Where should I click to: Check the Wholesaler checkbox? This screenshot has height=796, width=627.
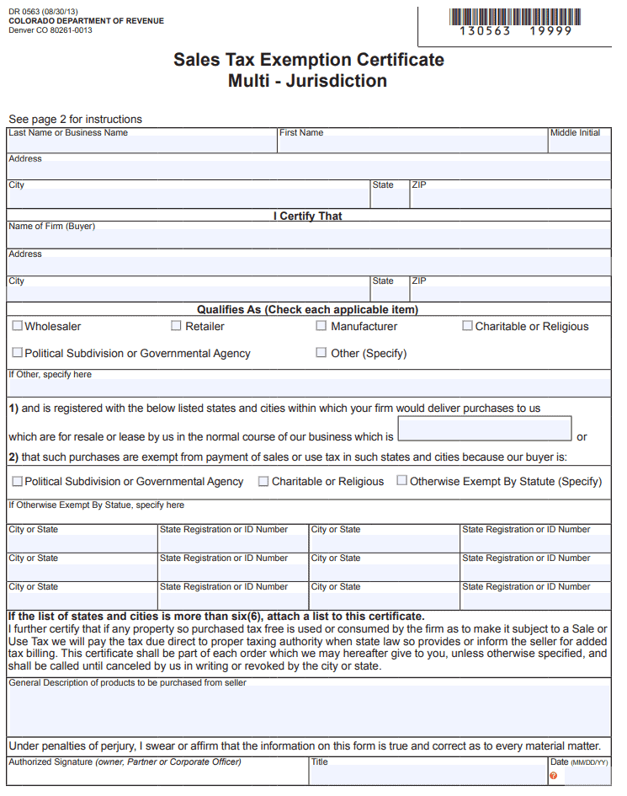click(x=18, y=326)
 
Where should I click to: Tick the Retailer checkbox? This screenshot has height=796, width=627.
click(x=176, y=326)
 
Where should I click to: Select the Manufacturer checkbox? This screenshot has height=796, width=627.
click(x=321, y=326)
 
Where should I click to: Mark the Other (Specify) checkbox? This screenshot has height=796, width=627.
click(x=321, y=353)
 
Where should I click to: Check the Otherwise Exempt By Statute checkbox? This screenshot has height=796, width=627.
click(x=402, y=481)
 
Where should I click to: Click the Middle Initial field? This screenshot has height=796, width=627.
click(x=579, y=145)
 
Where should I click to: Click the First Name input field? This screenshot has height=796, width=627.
click(x=412, y=145)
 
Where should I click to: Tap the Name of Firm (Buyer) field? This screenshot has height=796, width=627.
click(x=308, y=238)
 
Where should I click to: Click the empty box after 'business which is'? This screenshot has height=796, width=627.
click(x=484, y=430)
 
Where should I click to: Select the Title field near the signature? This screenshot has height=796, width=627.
click(x=428, y=775)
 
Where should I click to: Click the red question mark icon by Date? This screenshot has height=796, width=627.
click(x=553, y=776)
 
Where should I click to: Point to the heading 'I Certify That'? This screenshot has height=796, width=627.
click(x=308, y=216)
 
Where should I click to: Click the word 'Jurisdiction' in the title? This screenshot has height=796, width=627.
click(x=337, y=82)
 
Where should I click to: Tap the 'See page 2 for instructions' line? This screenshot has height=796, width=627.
click(x=76, y=120)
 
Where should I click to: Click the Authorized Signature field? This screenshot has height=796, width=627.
click(x=157, y=775)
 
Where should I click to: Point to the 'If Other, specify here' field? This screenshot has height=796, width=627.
click(x=308, y=387)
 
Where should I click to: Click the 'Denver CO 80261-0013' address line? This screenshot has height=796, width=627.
click(x=50, y=30)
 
